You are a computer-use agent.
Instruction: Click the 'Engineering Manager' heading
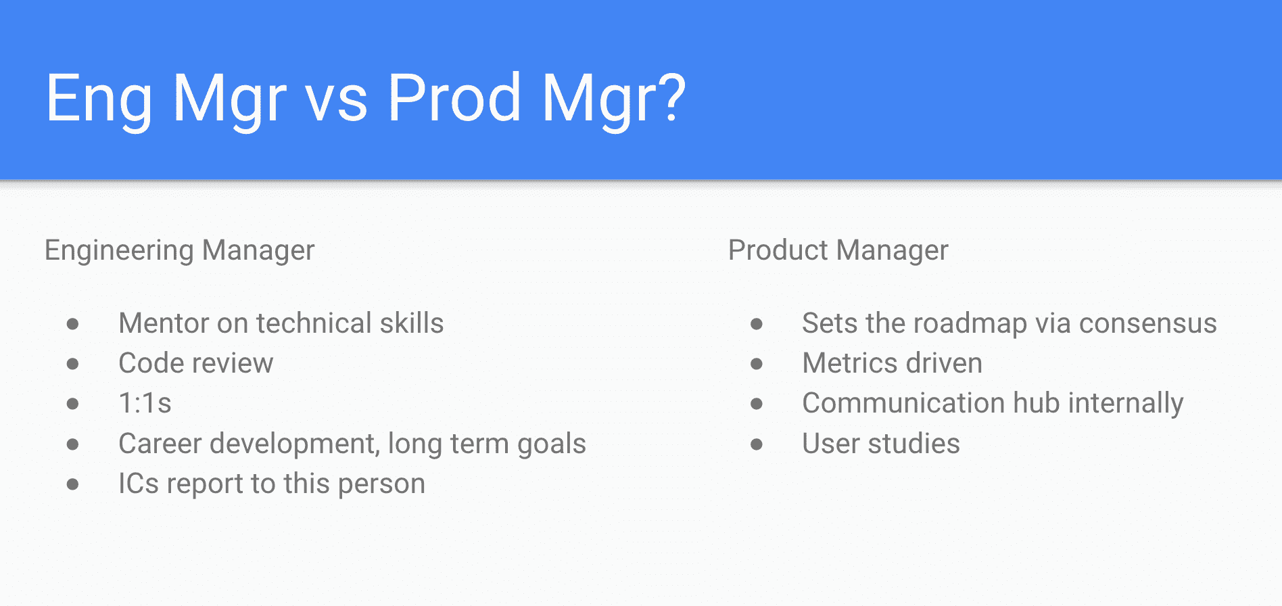coord(180,250)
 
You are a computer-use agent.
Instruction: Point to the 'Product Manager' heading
coord(838,250)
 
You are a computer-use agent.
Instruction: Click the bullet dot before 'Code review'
coord(73,364)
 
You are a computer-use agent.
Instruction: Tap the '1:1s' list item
coord(145,403)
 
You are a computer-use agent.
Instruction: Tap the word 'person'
coord(381,486)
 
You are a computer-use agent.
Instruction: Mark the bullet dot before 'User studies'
coord(757,444)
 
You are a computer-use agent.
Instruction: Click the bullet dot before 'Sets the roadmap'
coord(757,324)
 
